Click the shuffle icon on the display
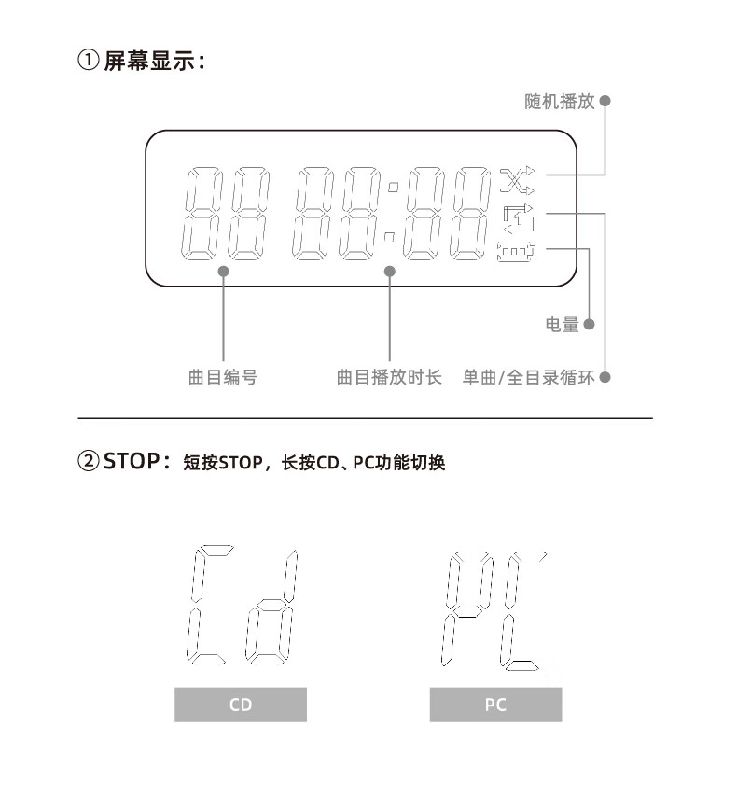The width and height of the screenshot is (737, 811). click(x=518, y=177)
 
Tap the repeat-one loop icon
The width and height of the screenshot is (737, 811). click(x=519, y=217)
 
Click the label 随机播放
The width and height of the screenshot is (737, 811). click(x=559, y=102)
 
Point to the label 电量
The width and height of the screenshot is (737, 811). click(x=562, y=325)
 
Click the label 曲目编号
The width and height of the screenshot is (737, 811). click(x=223, y=378)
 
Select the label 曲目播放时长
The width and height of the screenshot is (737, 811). click(x=389, y=378)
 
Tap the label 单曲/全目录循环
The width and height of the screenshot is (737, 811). click(x=528, y=378)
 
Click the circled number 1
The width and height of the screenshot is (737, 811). click(x=88, y=63)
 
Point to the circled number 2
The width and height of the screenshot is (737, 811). click(x=88, y=461)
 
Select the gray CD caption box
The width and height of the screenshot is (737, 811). click(x=241, y=705)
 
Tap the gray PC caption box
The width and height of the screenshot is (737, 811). click(x=495, y=705)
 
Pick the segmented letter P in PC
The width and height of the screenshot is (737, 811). click(x=467, y=607)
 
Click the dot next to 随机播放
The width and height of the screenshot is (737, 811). click(x=605, y=101)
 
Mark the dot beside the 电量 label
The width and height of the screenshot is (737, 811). click(x=589, y=325)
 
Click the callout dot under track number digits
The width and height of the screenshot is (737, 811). click(x=224, y=271)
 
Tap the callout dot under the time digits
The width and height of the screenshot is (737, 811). click(x=390, y=271)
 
